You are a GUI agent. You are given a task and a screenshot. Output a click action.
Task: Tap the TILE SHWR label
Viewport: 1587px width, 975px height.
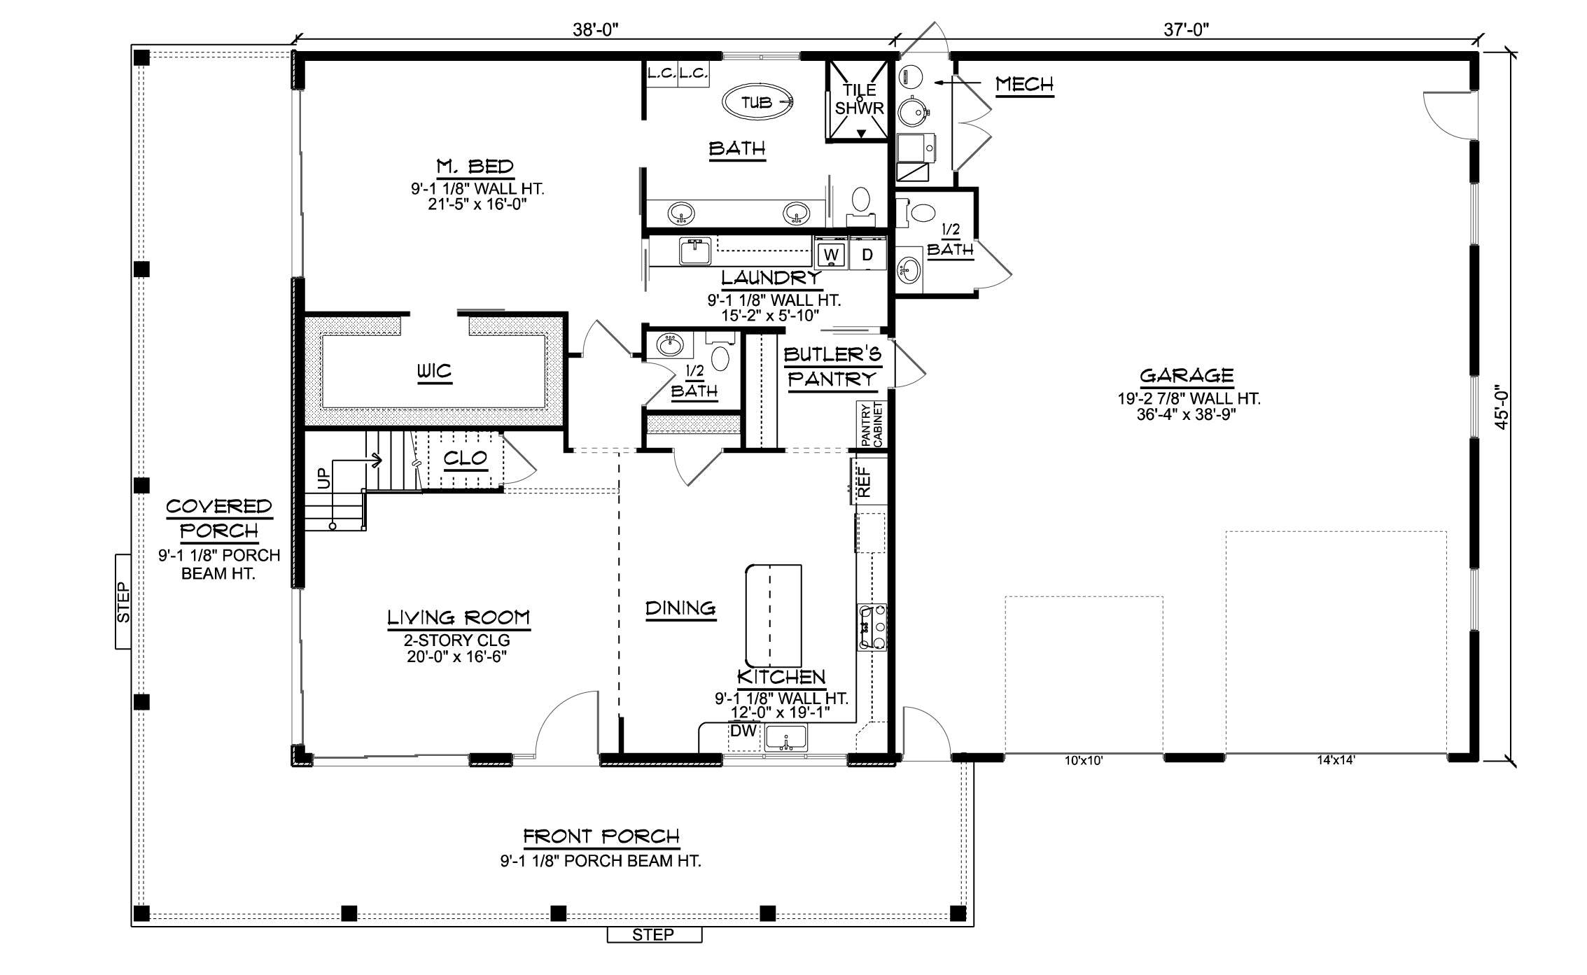tap(860, 99)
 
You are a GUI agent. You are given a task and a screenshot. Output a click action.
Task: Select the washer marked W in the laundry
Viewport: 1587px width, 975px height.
tap(832, 254)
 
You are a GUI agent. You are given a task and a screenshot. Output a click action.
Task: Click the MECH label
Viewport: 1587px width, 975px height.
tap(1024, 85)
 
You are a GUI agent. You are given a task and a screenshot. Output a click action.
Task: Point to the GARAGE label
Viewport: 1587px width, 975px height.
tap(1187, 376)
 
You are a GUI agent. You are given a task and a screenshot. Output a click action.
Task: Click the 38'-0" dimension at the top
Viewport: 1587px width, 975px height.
tap(596, 29)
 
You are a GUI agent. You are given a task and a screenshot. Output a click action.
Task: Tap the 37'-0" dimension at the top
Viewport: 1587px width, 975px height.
tap(1187, 29)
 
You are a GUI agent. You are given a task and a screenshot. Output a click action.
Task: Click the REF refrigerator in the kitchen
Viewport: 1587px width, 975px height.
tap(864, 481)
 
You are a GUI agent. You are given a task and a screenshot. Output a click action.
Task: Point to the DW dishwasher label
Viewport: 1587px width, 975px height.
tap(743, 731)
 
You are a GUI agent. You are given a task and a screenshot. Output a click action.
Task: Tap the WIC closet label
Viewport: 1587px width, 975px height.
tap(435, 370)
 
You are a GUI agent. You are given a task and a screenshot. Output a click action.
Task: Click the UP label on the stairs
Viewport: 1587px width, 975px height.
tap(323, 479)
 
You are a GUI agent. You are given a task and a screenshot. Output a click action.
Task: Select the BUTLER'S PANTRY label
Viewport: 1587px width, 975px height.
tap(832, 367)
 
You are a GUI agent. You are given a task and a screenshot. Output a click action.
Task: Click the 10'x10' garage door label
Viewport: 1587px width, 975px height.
tap(1084, 761)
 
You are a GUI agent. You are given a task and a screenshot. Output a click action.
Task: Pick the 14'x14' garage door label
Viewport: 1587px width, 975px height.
tap(1336, 760)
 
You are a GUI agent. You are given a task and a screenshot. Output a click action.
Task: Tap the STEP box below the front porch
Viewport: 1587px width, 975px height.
tap(654, 934)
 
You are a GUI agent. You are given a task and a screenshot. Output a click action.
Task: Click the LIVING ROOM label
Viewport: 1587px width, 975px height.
tap(459, 617)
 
